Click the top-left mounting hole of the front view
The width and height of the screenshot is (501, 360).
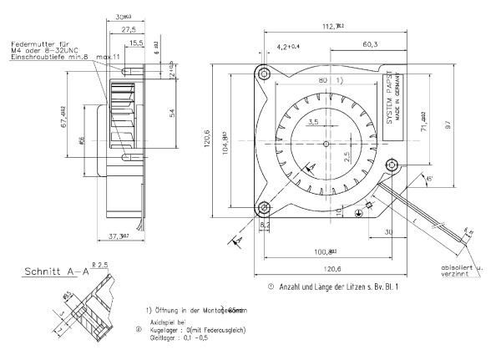264,74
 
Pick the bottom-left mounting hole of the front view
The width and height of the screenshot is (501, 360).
264,208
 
